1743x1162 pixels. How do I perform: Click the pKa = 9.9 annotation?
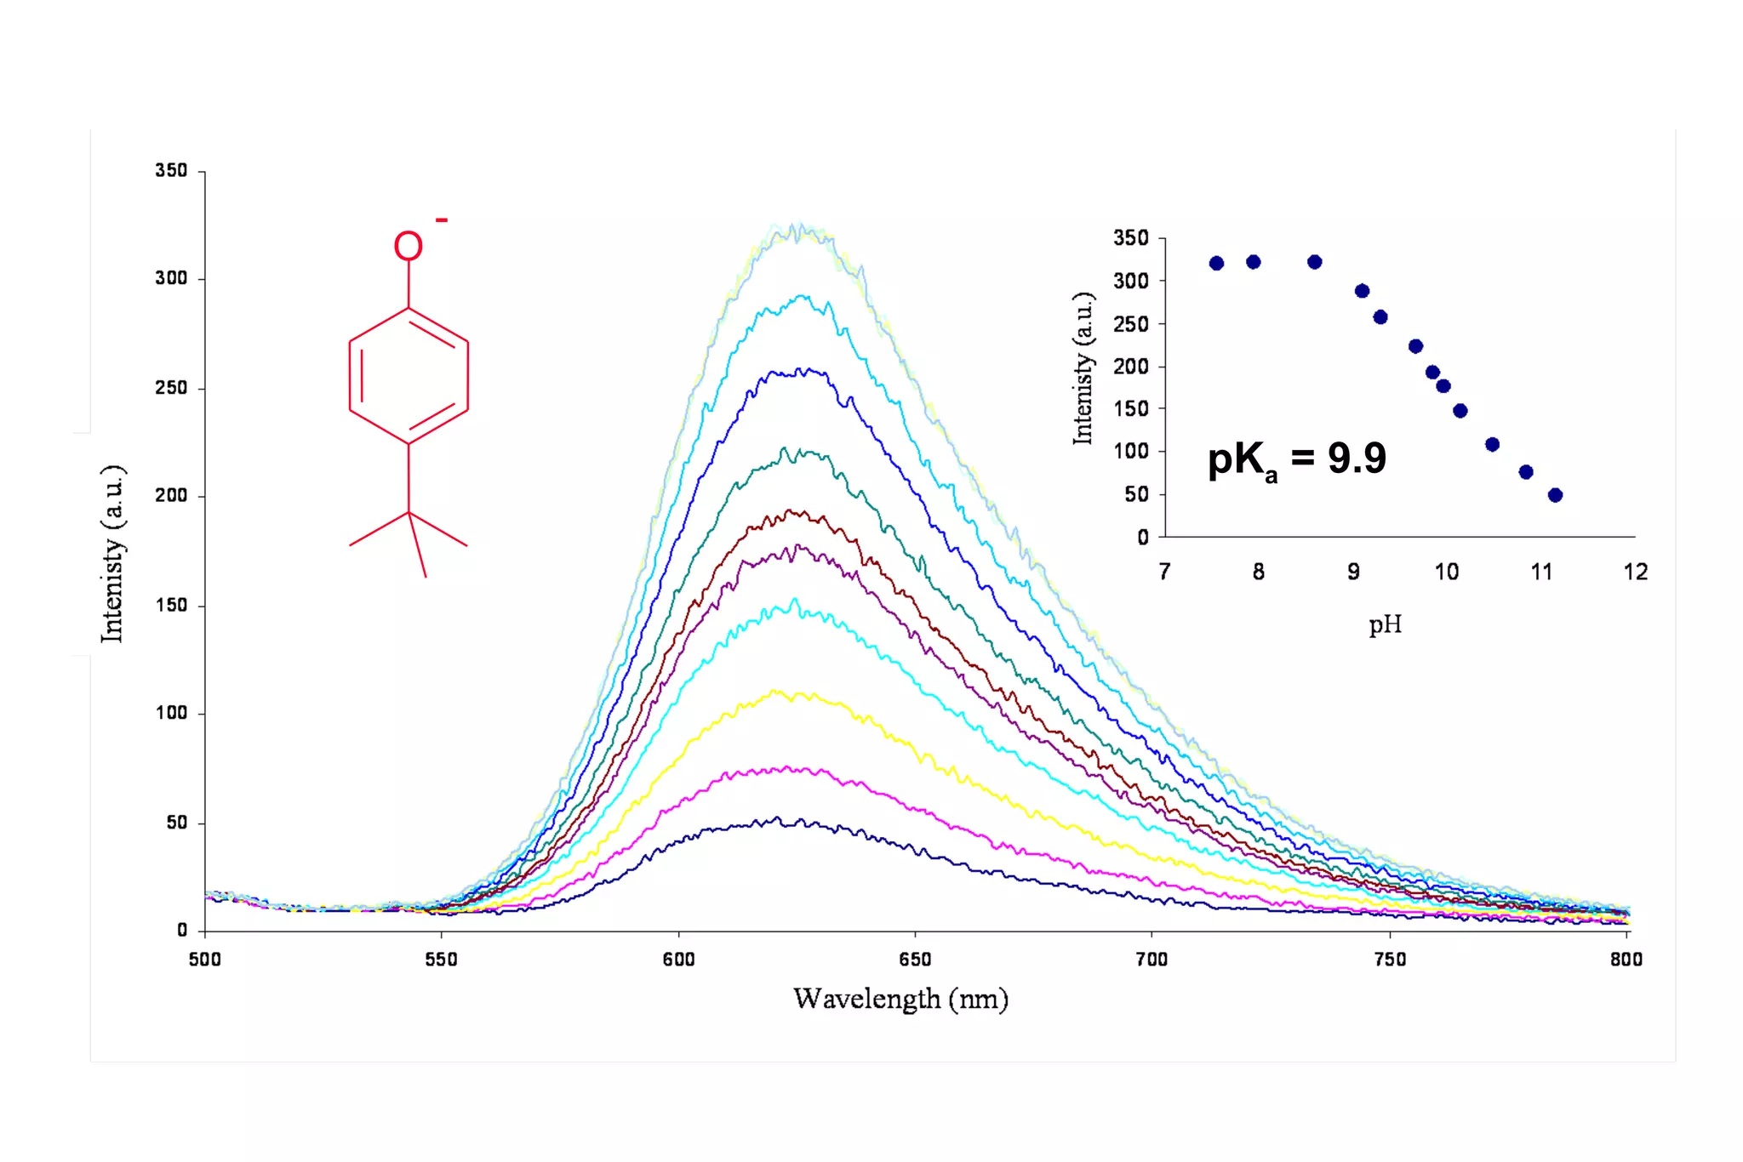pos(1296,459)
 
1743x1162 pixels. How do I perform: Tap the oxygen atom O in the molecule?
pos(408,247)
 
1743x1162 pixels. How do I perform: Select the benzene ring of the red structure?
pos(409,375)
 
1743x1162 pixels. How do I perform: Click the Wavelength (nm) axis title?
pos(900,999)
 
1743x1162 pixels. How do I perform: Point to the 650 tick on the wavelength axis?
pos(915,960)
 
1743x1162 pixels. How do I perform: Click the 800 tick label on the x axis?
pos(1626,960)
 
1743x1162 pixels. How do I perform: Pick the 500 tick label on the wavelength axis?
pos(204,960)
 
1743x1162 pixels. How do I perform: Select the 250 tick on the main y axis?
pos(170,388)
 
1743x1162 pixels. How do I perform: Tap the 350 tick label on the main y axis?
pos(170,171)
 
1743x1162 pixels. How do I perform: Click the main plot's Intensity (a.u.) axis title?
pos(113,554)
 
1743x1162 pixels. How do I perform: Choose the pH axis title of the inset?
pos(1385,625)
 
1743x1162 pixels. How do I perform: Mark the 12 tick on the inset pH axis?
pos(1635,572)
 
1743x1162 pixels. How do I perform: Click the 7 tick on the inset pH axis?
pos(1164,572)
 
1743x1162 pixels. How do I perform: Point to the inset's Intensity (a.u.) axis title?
pos(1083,368)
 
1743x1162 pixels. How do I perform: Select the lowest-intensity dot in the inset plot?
pos(1555,495)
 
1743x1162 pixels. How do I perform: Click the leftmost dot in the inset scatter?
pos(1216,264)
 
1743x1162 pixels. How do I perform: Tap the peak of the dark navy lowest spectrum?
pos(777,818)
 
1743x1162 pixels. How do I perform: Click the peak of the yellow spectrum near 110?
pos(774,691)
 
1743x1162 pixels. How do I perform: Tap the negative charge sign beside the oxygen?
pos(442,221)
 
